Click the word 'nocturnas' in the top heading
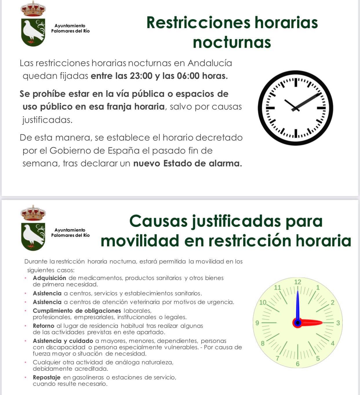coord(232,42)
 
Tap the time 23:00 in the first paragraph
coord(141,76)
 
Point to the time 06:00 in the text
coord(188,76)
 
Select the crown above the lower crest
coord(33,213)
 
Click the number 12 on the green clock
coord(298,282)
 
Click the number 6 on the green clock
coord(298,364)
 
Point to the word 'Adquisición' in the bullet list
coord(50,278)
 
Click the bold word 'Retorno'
coord(43,326)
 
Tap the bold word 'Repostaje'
coord(47,377)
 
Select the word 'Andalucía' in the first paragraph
coord(210,63)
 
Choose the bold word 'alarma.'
coord(225,163)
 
